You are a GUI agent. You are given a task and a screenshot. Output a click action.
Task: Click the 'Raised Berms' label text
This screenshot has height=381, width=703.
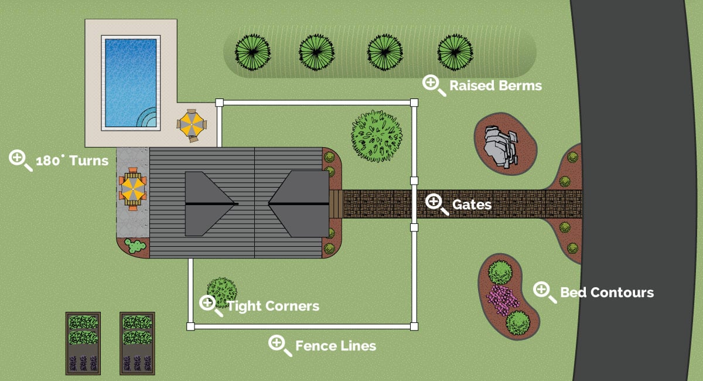coord(495,86)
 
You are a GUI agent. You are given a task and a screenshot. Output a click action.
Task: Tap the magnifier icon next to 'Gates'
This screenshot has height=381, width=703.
coord(434,203)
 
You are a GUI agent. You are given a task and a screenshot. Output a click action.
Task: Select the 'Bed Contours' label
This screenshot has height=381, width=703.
coord(606,292)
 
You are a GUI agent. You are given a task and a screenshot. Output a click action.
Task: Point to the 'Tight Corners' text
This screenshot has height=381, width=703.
coord(273,306)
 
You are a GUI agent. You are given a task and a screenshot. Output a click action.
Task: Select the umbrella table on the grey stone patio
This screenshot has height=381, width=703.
coord(133,188)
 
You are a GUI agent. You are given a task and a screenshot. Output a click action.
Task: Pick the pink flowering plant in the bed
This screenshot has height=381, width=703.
coord(502,297)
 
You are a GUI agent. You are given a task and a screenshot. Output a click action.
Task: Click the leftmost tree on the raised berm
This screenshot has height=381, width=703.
coord(252,52)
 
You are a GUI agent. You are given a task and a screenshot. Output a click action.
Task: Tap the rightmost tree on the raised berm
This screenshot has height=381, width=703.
coord(455,52)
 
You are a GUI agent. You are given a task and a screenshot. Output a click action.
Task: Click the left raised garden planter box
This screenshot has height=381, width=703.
coord(83,343)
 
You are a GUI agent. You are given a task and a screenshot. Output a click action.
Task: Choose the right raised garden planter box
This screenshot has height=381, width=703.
coord(137,343)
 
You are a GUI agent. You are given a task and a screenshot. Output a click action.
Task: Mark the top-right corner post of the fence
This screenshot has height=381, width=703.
coord(414,103)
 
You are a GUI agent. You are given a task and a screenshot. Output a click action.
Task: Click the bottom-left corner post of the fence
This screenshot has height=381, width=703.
coord(190,326)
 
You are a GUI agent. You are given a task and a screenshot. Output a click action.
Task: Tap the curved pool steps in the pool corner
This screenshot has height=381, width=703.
coord(149,117)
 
